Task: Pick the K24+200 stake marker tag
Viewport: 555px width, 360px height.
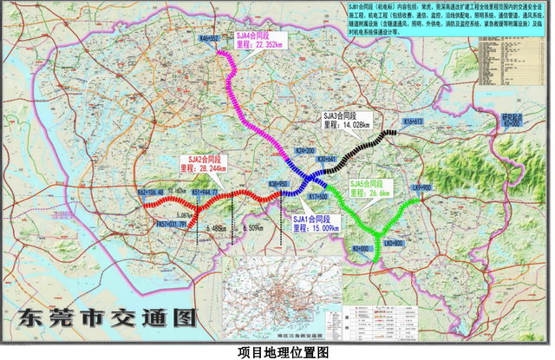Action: [x=305, y=150]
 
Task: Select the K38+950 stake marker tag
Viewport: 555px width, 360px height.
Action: [x=277, y=185]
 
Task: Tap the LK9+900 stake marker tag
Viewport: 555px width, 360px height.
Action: [x=421, y=187]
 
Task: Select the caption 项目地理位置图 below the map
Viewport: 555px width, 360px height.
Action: [x=277, y=351]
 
